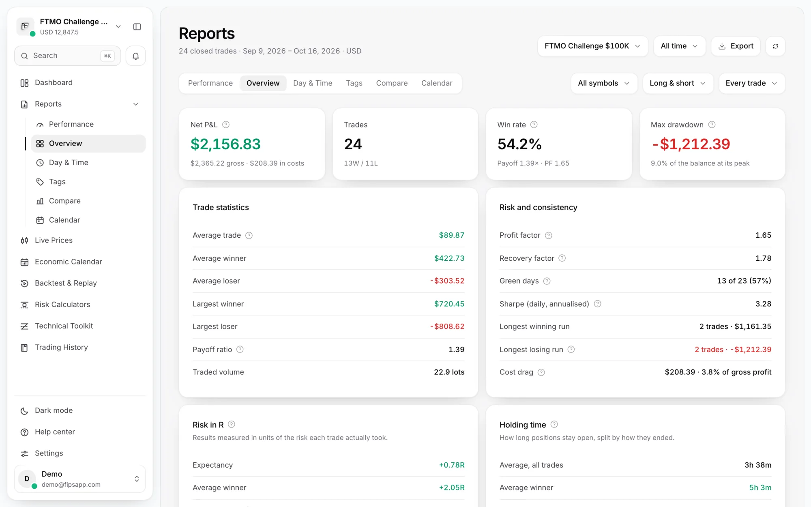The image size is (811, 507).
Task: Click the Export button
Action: coord(736,46)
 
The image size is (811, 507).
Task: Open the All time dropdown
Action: coord(679,46)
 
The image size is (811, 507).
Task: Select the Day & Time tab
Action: coord(313,83)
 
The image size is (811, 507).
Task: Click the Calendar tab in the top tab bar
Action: coord(437,83)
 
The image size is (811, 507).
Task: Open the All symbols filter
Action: coord(604,83)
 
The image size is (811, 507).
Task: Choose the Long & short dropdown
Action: coord(678,83)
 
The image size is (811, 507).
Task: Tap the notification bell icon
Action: coord(136,56)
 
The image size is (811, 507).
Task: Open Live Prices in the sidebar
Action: coord(54,241)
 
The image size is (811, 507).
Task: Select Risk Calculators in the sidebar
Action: coord(62,305)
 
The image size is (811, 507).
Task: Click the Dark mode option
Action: coord(54,410)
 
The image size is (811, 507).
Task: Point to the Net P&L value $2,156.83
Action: coord(225,144)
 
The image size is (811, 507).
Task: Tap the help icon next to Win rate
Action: coord(534,125)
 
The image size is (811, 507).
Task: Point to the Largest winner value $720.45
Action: coord(449,304)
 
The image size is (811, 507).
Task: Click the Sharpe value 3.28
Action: coord(763,304)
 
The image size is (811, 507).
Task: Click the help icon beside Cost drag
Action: coord(541,372)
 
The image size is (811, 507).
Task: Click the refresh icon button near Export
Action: coord(775,46)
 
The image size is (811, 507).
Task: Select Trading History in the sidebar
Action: coord(61,348)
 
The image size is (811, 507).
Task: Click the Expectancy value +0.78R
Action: coord(452,465)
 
